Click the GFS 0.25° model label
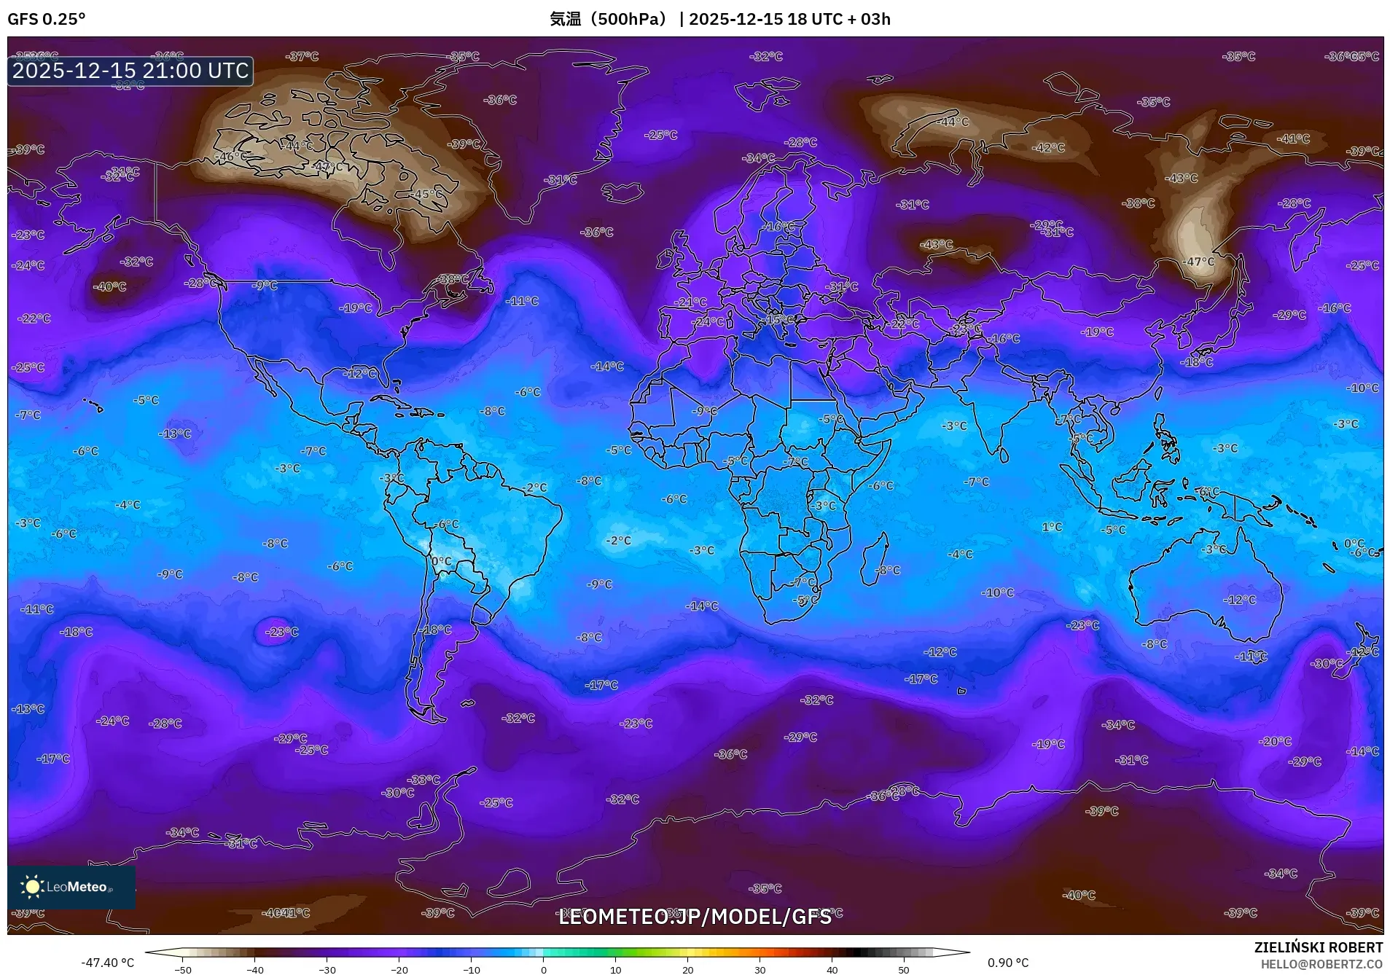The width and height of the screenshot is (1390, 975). (46, 19)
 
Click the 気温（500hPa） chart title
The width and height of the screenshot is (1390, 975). (608, 19)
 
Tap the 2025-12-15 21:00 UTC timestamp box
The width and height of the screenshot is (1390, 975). (130, 71)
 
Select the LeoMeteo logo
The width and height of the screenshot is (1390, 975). (71, 887)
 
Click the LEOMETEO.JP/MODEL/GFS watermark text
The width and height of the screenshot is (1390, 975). (695, 917)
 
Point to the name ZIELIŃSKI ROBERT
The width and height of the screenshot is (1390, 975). (1318, 947)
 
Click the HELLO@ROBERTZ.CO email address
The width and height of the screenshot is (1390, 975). (1321, 964)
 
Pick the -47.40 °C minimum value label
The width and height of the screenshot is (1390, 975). (107, 963)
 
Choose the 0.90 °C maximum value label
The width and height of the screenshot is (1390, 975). (1008, 963)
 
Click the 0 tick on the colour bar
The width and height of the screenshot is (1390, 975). (543, 969)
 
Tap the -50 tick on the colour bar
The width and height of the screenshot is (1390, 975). (183, 969)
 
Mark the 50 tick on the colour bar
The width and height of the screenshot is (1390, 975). (904, 969)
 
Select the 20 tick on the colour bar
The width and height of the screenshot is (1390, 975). (687, 969)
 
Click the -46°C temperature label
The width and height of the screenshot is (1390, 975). (231, 157)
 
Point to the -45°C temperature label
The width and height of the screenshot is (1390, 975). (427, 194)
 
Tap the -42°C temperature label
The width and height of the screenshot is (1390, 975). (1048, 148)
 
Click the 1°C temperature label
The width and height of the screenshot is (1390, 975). (1052, 527)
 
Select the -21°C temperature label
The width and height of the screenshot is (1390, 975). (690, 302)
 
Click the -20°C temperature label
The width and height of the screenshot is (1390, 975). (1275, 741)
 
